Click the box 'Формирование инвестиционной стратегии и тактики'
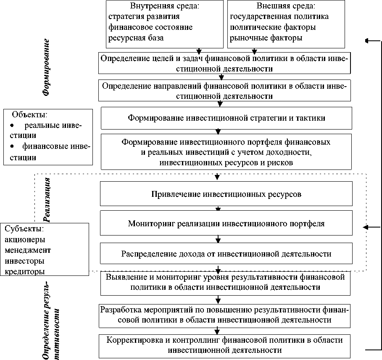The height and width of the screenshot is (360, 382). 226,118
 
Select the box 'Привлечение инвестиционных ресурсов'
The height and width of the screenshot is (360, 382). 226,194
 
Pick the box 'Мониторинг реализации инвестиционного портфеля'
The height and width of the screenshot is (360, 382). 226,222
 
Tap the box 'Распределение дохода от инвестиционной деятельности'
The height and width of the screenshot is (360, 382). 226,254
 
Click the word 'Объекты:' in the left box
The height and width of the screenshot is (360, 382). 29,114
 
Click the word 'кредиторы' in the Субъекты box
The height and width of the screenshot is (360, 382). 25,271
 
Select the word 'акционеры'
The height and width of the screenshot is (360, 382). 25,239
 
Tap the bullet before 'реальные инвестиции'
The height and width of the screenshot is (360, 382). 12,126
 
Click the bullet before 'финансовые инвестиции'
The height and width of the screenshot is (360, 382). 12,146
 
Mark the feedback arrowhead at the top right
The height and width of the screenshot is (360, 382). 367,41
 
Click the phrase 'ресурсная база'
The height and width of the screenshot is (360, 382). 135,38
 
